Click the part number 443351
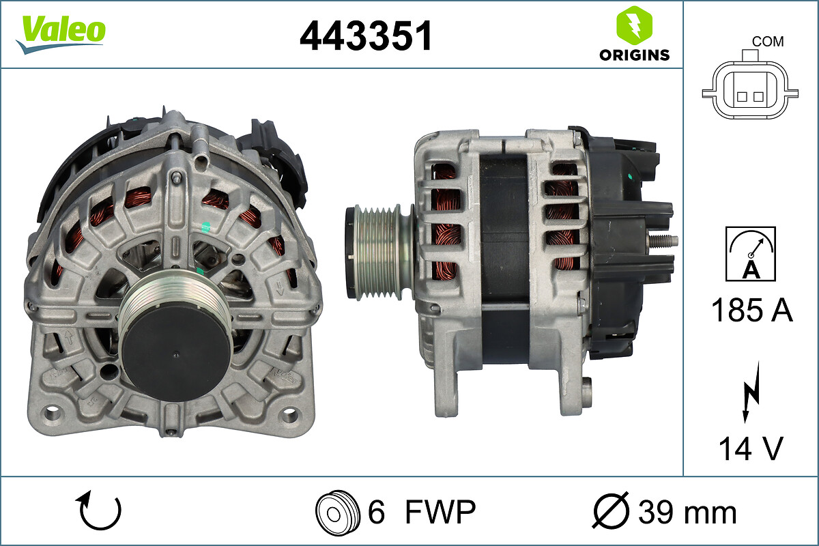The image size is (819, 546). [x=367, y=35]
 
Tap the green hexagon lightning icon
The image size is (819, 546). [x=634, y=25]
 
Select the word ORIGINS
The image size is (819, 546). [x=634, y=55]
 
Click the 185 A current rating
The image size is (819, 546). [x=751, y=311]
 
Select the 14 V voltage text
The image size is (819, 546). [x=750, y=448]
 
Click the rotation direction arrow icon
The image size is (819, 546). [x=100, y=511]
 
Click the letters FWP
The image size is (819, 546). [x=440, y=511]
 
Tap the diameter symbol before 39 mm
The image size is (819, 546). [x=611, y=511]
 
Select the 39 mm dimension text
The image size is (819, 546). [x=687, y=512]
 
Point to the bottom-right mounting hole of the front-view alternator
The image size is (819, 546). [x=291, y=414]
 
